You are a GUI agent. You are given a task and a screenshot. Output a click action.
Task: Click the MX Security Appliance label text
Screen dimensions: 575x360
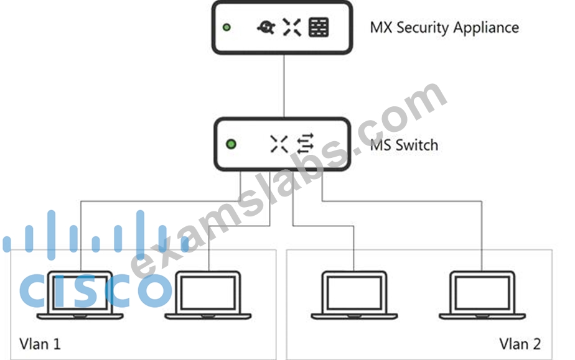(444, 28)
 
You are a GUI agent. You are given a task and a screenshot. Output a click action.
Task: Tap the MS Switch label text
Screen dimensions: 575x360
(404, 145)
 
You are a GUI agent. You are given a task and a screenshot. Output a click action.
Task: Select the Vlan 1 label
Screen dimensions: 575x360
(40, 344)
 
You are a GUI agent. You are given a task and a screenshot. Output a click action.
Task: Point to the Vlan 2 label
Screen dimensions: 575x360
(520, 344)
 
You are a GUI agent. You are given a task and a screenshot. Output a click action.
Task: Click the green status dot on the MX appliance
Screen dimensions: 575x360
(227, 27)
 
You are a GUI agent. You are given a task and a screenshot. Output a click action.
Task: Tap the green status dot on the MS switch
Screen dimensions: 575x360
(231, 144)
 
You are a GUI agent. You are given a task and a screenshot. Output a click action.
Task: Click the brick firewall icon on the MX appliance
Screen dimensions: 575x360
(319, 27)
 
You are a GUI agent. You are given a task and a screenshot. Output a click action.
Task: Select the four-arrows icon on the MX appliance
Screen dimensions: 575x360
(292, 27)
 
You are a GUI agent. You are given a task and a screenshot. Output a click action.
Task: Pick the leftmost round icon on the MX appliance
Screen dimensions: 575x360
(266, 27)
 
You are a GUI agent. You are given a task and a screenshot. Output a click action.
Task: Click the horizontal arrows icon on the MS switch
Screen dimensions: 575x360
(305, 144)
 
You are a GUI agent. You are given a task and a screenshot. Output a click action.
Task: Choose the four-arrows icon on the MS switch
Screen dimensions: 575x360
(279, 144)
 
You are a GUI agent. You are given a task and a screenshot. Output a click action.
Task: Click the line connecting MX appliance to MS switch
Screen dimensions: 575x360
(284, 86)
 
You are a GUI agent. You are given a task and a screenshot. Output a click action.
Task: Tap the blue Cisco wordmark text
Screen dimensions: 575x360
(95, 290)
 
